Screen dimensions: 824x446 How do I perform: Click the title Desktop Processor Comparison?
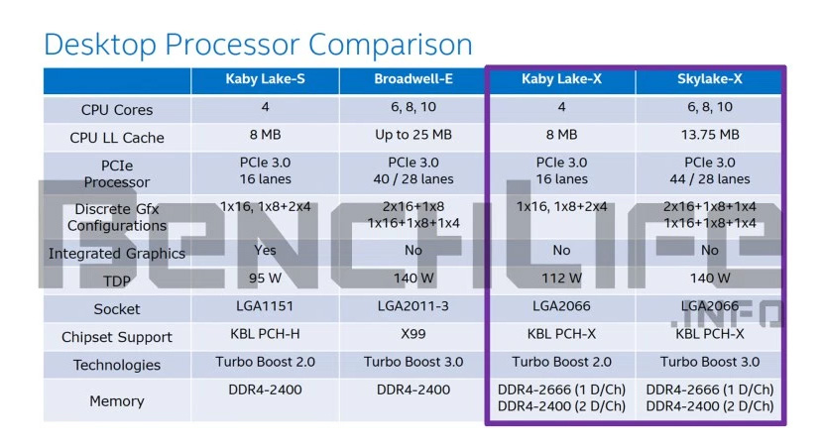coord(258,45)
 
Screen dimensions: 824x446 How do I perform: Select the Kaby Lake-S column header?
coord(265,79)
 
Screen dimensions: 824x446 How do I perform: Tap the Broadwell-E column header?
coord(413,79)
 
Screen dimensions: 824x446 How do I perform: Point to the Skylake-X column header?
coord(709,79)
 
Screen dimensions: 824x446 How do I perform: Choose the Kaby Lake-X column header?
coord(561,79)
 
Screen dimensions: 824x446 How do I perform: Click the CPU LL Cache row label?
coord(117,138)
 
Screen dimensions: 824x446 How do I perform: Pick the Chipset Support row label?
coord(117,337)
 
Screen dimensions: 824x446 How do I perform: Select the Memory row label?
coord(117,401)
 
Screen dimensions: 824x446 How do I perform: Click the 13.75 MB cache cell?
coord(709,135)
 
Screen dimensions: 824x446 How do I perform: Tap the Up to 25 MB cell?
coord(413,135)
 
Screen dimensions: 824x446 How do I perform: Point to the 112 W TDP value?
coord(561,279)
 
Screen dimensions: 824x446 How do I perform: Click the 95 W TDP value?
coord(265,279)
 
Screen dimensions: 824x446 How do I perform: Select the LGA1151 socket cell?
coord(265,306)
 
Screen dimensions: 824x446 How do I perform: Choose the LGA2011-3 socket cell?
coord(413,306)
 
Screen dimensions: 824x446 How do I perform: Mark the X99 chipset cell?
coord(413,334)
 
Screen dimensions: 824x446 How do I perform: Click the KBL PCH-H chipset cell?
coord(265,334)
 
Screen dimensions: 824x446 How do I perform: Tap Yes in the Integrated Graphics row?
coord(265,251)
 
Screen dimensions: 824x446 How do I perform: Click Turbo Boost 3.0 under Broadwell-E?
coord(413,362)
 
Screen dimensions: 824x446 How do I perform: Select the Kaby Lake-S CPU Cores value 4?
coord(265,107)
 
